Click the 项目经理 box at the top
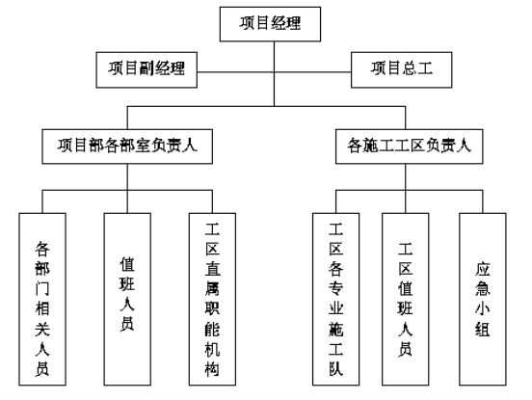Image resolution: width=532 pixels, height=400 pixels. coord(270,24)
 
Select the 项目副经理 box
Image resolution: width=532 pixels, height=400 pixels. coord(146,70)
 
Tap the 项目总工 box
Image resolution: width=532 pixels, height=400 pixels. coord(401,70)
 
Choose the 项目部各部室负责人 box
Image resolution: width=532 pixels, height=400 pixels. coord(127,147)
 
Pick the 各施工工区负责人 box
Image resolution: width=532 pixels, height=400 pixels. coord(410,147)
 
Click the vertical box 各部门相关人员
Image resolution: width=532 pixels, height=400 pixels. coord(42,299)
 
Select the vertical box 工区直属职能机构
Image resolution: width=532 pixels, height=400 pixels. coord(212,299)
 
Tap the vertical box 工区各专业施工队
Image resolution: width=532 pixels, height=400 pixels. coord(336,299)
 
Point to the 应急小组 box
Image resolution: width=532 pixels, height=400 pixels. coord(483,299)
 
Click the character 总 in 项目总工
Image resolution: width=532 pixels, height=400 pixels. coord(410,68)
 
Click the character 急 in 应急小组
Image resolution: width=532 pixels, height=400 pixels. coord(483,289)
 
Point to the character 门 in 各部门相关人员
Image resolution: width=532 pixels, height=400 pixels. coord(42,289)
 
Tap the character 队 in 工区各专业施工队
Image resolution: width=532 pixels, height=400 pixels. coord(336,368)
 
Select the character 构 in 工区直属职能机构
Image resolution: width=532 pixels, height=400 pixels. coord(212,368)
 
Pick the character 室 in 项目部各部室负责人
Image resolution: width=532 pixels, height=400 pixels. coord(143,146)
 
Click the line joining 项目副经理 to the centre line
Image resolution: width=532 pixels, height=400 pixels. coord(235,72)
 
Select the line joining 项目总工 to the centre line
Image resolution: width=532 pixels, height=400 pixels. coord(312,72)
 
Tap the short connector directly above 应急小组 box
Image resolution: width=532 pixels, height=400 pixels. coord(483,201)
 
